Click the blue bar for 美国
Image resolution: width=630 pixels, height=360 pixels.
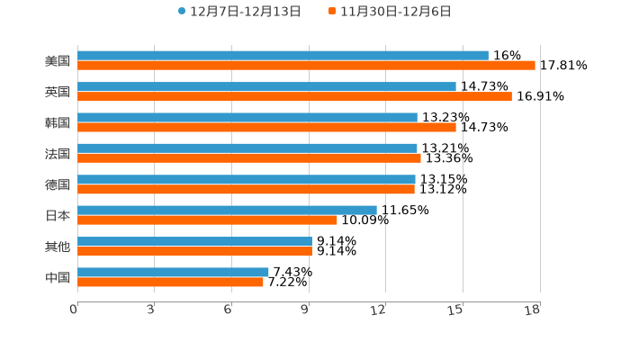point(283,56)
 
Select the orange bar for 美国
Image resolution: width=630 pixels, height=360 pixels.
point(306,66)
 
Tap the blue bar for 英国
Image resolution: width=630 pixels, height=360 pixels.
point(266,86)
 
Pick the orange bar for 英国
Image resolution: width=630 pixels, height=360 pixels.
point(294,96)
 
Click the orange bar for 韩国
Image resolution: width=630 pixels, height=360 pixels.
point(266,127)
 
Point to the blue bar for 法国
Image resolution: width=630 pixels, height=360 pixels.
point(247,148)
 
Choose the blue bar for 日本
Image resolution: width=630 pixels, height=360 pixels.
point(227,210)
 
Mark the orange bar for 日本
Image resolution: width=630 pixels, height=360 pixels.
point(207,220)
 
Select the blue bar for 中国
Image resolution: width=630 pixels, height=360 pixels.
point(173,272)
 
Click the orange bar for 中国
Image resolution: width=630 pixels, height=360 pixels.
point(170,282)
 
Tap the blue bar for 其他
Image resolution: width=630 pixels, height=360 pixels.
point(194,241)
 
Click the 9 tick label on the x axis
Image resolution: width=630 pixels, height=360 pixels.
point(305,310)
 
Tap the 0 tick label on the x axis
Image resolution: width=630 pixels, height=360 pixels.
point(74,310)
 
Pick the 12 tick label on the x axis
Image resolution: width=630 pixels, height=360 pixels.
point(379,310)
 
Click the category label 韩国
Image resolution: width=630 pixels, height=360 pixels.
point(58,122)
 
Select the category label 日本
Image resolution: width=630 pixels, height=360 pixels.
point(58,215)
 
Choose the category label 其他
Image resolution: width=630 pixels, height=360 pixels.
point(58,246)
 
